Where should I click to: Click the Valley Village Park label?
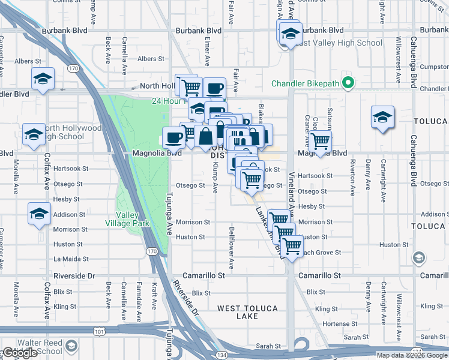click(x=127, y=219)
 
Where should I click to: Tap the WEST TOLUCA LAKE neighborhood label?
click(x=247, y=312)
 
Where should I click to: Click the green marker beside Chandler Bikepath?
click(x=346, y=83)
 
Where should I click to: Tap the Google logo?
click(x=20, y=353)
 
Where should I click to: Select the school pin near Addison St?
click(x=40, y=214)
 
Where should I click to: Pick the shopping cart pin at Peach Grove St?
click(x=292, y=246)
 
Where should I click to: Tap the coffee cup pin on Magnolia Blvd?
click(x=174, y=137)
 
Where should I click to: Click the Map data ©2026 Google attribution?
click(x=412, y=355)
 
